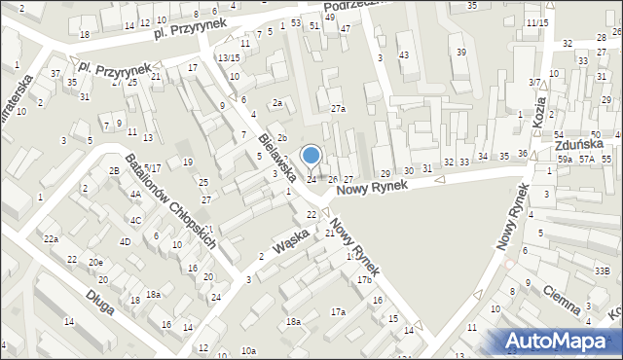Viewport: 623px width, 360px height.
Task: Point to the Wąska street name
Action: click(x=291, y=239)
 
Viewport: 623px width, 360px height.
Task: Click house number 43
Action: click(x=403, y=55)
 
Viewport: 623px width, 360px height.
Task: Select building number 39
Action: click(x=461, y=52)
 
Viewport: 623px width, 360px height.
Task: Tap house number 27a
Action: click(x=338, y=109)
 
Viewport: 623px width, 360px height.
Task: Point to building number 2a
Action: click(x=277, y=103)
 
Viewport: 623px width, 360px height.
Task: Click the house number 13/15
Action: click(x=229, y=58)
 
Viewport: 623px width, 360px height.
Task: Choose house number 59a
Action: click(x=564, y=158)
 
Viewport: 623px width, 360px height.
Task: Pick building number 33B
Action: click(x=603, y=270)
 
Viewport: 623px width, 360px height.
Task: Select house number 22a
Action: click(x=51, y=238)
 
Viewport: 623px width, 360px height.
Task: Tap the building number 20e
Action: click(x=95, y=264)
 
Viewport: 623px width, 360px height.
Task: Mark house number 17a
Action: click(x=338, y=311)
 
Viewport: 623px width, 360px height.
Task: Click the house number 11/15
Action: click(x=535, y=22)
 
